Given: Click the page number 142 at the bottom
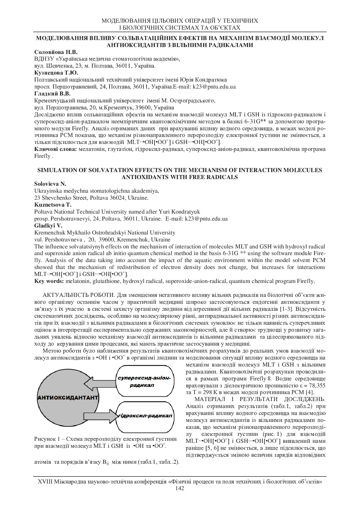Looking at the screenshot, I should (x=180, y=488).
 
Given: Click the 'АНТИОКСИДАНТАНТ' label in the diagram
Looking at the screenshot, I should (x=68, y=397).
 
